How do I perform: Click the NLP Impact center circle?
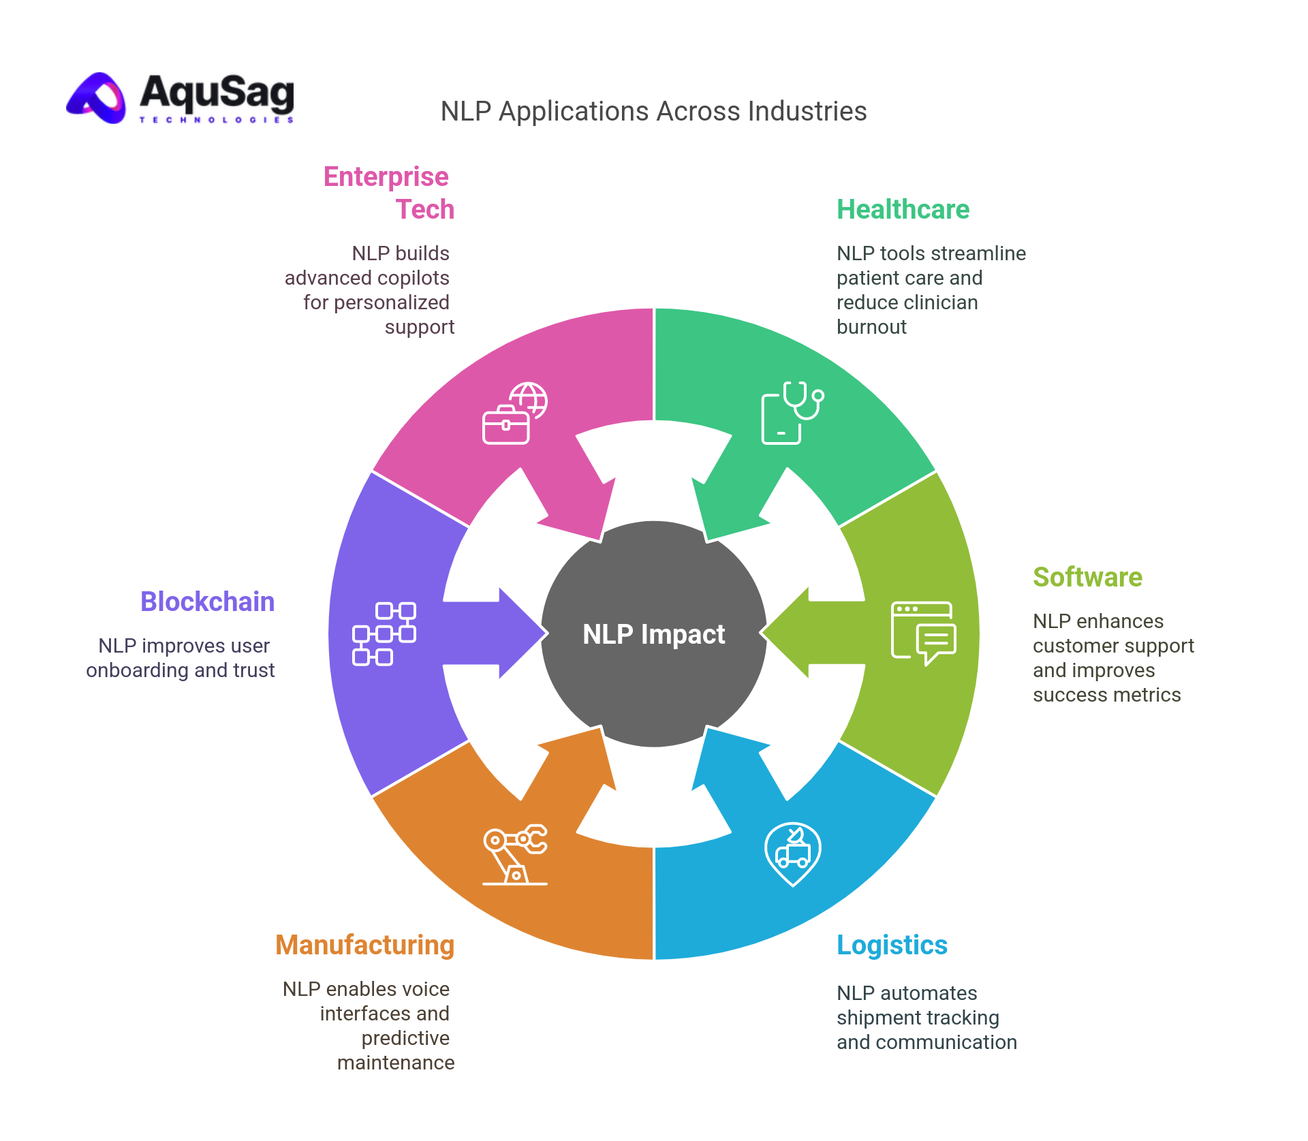pyautogui.click(x=654, y=634)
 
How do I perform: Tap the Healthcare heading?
pyautogui.click(x=903, y=210)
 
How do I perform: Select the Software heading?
pyautogui.click(x=1087, y=578)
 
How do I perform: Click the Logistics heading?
pyautogui.click(x=892, y=945)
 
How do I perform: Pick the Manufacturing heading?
pyautogui.click(x=364, y=945)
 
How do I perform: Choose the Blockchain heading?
pyautogui.click(x=207, y=602)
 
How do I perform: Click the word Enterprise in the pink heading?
pyautogui.click(x=386, y=177)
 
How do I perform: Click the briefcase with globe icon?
pyautogui.click(x=515, y=413)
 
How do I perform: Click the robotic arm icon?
pyautogui.click(x=515, y=854)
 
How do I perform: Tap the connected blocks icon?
pyautogui.click(x=384, y=634)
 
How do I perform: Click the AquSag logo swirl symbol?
pyautogui.click(x=97, y=99)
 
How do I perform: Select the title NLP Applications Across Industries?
pyautogui.click(x=653, y=112)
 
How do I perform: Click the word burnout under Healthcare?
pyautogui.click(x=871, y=328)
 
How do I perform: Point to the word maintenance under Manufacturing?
pyautogui.click(x=395, y=1063)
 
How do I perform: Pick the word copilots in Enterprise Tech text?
pyautogui.click(x=413, y=279)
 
